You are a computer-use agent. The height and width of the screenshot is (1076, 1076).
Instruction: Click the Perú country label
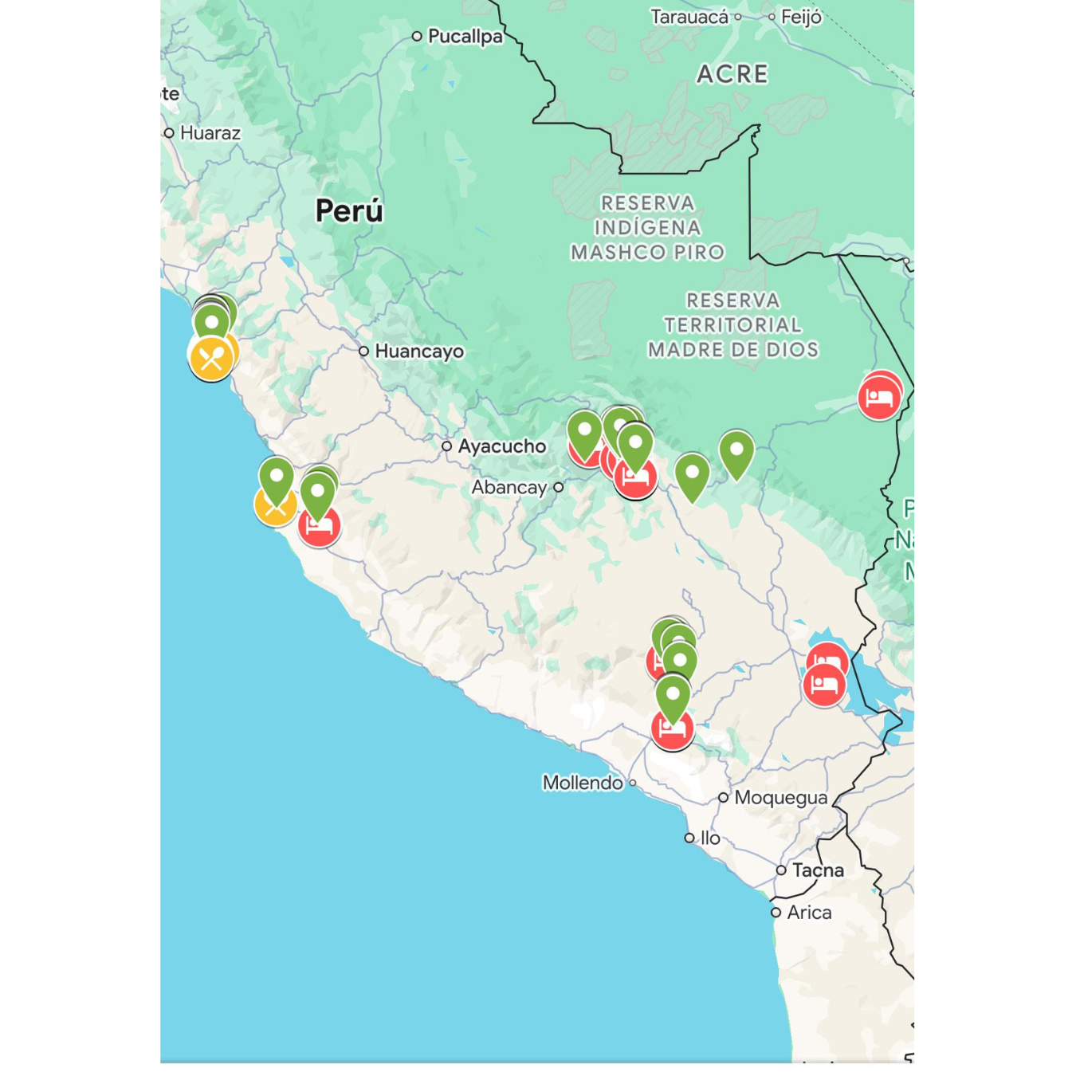(x=349, y=211)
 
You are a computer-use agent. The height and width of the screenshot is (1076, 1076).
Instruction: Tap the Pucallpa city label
(x=465, y=36)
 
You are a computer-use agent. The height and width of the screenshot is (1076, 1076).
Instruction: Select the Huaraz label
(x=210, y=133)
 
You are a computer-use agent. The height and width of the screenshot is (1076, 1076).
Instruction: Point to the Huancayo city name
(x=418, y=351)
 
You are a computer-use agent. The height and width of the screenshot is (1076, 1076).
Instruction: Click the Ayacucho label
(x=501, y=446)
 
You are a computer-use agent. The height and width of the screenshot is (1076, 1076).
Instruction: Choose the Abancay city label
(x=509, y=487)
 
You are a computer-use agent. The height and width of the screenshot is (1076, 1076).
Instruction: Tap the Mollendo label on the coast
(x=583, y=783)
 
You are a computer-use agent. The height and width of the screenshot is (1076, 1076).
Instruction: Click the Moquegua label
(x=780, y=798)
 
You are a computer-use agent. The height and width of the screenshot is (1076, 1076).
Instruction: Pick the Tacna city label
(x=818, y=870)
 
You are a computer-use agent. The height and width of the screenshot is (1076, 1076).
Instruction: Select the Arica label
(x=809, y=913)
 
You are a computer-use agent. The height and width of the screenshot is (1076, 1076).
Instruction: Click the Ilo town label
(x=710, y=838)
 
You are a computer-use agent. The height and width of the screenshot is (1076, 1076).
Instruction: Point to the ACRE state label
(x=732, y=74)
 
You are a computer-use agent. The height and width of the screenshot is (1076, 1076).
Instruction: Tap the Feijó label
(x=801, y=17)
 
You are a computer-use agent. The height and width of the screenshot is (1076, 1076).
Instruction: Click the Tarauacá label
(x=689, y=17)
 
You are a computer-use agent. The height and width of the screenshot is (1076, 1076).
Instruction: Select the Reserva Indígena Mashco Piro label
(x=647, y=228)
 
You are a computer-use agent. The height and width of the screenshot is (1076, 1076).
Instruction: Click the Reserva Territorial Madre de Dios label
(x=732, y=325)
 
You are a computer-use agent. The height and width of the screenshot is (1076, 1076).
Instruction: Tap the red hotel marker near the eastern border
(x=879, y=396)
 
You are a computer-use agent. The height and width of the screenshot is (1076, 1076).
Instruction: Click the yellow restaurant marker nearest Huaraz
(x=211, y=358)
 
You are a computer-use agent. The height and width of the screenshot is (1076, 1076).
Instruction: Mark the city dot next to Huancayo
(x=363, y=351)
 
